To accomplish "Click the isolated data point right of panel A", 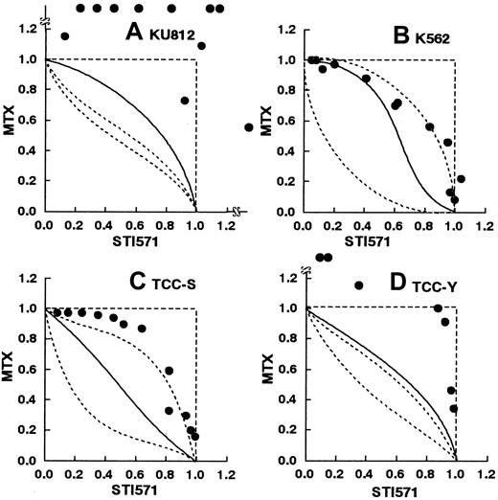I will click(250, 127).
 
